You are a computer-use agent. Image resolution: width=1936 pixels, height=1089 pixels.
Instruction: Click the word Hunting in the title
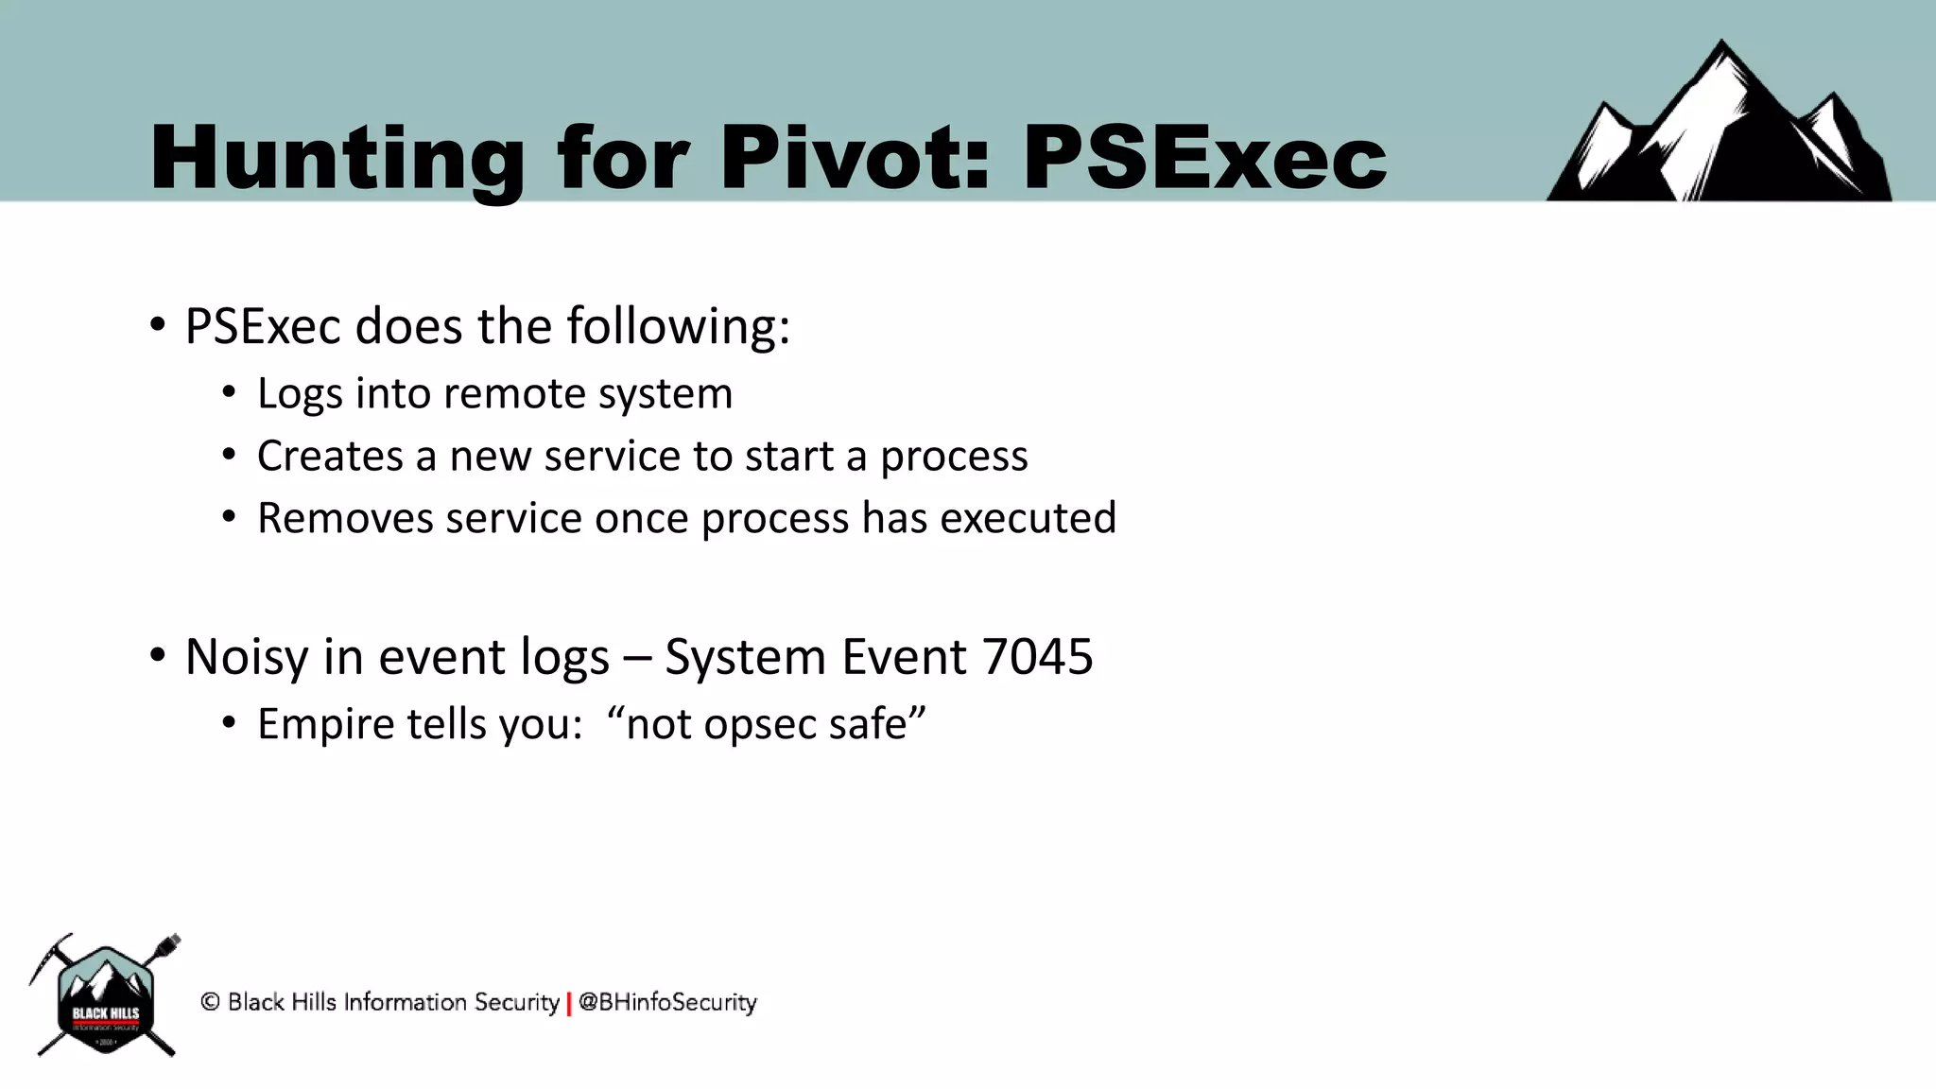pos(336,159)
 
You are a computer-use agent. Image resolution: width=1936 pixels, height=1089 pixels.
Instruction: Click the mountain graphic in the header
pos(1720,128)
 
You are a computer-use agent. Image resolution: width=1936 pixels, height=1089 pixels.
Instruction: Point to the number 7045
pos(1037,656)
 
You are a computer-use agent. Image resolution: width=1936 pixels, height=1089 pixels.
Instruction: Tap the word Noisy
pos(246,658)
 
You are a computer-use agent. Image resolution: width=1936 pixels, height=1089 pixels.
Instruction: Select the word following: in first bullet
pos(678,327)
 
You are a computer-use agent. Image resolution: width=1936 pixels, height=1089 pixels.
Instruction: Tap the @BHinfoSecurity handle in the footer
pos(667,1002)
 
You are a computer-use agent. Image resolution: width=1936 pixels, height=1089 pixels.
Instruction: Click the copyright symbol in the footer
pos(210,1002)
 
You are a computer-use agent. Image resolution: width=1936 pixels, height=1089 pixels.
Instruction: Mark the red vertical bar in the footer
pos(569,1003)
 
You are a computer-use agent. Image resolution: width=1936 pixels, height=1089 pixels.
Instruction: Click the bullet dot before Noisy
pos(158,655)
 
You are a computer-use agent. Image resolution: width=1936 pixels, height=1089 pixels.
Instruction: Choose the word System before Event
pos(745,658)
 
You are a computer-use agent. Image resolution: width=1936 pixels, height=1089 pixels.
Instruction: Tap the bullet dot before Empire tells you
pos(229,724)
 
